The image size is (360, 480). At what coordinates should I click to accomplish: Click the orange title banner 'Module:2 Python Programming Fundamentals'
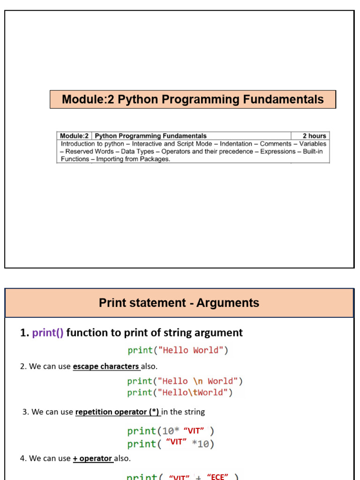[193, 99]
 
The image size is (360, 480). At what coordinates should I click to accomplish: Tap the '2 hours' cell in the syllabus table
[314, 136]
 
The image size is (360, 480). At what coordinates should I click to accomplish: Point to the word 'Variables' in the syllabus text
[313, 144]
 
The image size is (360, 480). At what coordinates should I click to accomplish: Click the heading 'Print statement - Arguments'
[179, 303]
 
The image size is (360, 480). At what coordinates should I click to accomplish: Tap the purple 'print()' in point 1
[48, 333]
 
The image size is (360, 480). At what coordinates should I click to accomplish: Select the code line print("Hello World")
[178, 350]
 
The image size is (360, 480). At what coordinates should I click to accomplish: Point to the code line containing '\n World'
[185, 381]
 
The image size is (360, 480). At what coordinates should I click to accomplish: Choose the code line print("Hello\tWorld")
[180, 392]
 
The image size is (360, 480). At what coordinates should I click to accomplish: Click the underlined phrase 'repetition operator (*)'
[118, 412]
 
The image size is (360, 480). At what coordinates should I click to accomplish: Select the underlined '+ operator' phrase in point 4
[93, 458]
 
